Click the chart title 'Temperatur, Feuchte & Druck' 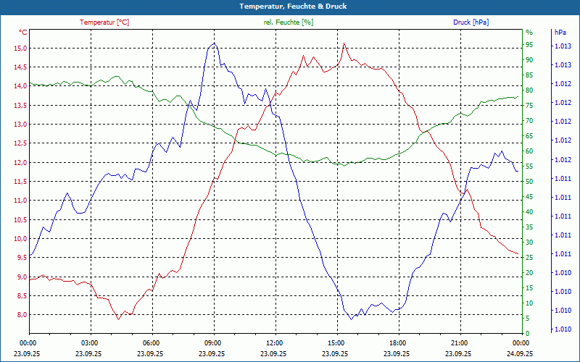click(x=290, y=6)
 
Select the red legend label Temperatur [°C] click(x=104, y=22)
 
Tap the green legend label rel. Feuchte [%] click(x=289, y=22)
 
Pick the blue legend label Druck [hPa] click(x=471, y=22)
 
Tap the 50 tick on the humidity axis click(x=529, y=182)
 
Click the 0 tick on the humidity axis click(x=528, y=334)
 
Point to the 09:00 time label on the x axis click(x=213, y=343)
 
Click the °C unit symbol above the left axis click(x=23, y=33)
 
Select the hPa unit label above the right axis click(x=560, y=33)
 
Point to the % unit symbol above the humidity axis click(x=529, y=33)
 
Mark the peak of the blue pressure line click(x=214, y=43)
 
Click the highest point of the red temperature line click(x=344, y=43)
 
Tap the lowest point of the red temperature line click(x=118, y=319)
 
